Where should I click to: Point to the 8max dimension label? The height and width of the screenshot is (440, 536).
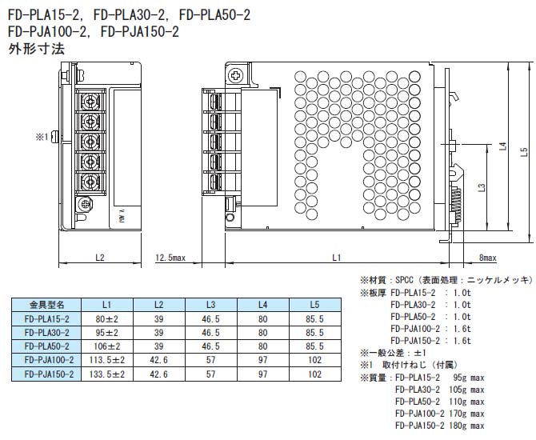point(487,258)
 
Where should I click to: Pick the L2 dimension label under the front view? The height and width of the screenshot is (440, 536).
point(100,258)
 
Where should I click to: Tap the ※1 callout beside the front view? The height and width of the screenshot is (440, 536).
point(41,137)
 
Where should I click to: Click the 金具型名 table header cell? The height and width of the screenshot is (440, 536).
point(46,305)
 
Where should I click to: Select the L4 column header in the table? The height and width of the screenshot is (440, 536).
point(262,305)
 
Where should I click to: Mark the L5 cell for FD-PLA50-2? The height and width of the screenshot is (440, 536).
point(314,346)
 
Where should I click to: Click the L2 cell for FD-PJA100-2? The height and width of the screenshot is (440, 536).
point(158,360)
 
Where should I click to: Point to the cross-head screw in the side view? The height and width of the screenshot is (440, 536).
point(235,76)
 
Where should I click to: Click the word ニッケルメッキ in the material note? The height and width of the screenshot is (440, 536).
point(501,280)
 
